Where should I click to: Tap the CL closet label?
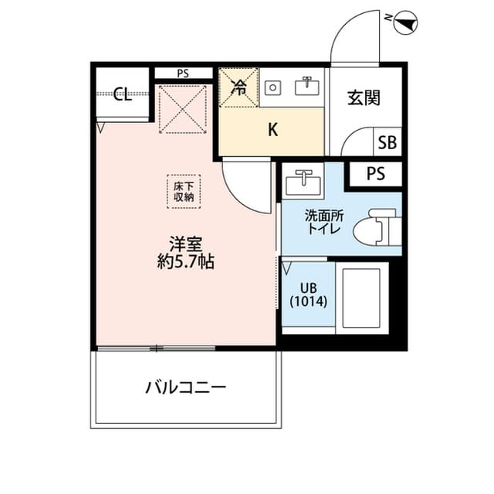(x=122, y=95)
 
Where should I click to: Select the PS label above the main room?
(x=182, y=73)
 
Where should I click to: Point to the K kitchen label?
(x=272, y=130)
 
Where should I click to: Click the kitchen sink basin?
(x=306, y=87)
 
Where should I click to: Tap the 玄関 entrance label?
(x=364, y=98)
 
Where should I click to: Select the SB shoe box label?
(x=387, y=143)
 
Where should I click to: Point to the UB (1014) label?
(x=309, y=295)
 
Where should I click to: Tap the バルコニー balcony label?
(x=186, y=387)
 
